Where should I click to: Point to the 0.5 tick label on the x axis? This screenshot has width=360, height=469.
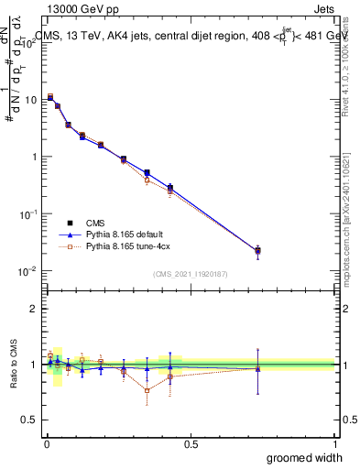tap(191, 444)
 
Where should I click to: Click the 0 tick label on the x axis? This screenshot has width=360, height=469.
tap(46, 444)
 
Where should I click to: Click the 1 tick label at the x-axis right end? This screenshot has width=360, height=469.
tap(334, 444)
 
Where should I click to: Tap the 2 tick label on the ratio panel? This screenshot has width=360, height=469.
tap(33, 309)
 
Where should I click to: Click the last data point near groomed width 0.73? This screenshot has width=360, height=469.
tap(257, 250)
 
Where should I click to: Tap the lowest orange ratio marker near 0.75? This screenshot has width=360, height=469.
tap(147, 390)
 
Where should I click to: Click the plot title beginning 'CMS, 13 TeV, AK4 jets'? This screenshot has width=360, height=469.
tap(192, 37)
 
